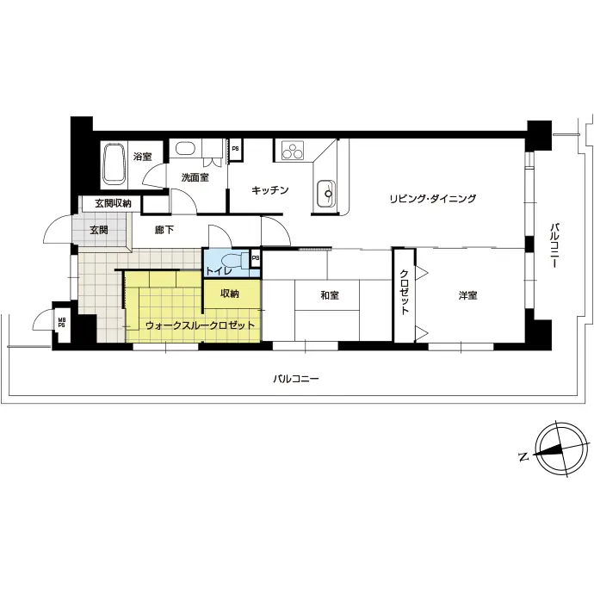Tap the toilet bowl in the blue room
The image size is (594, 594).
pos(232,260)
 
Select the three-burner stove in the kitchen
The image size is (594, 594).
pos(293,152)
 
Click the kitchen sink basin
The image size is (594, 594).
pos(325,194)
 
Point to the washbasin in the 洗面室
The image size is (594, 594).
pos(185,148)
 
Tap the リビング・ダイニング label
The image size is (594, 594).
pos(433,199)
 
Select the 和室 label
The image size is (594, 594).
pos(330,295)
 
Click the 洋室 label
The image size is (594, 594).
pos(467,295)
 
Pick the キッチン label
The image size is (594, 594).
pos(270,189)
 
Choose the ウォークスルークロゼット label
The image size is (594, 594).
pos(200,325)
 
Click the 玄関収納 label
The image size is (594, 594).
pos(113,203)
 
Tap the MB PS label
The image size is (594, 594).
pos(61,322)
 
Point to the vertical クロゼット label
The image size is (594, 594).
pos(405,292)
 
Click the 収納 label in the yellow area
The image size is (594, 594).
pos(230,294)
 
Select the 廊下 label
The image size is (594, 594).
pos(164,230)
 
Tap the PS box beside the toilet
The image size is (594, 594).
pos(256,259)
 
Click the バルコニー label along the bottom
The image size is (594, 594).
pos(296,379)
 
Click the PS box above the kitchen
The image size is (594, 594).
pos(235,149)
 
